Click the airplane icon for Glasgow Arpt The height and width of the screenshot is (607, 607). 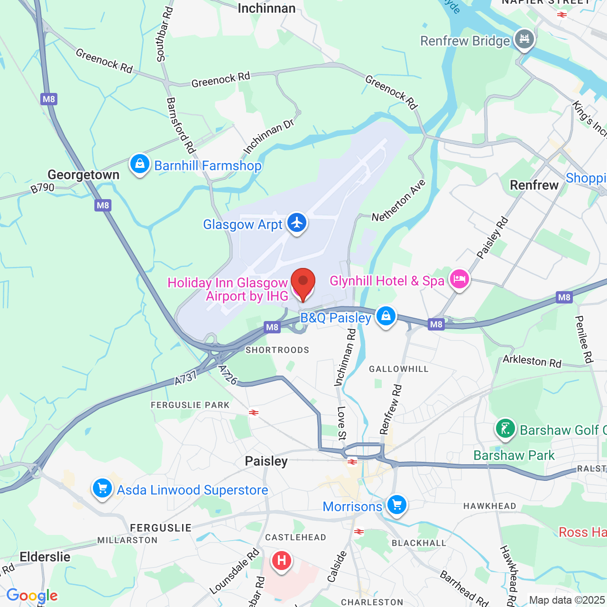coord(297,222)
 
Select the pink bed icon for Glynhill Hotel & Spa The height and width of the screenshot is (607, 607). coord(459,279)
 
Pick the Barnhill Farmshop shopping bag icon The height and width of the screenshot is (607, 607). coord(139,164)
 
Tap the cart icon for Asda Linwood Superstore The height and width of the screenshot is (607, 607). coord(102,488)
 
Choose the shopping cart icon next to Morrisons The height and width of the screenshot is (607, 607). coord(397,505)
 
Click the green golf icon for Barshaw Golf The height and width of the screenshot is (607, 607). coord(505,429)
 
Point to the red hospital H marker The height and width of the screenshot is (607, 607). coord(281,561)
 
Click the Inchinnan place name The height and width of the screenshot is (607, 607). coord(267,8)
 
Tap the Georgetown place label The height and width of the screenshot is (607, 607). coord(83,175)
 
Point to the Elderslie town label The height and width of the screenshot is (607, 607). coord(45,557)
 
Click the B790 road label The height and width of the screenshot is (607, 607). coord(43,188)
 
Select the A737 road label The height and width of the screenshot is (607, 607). coord(185,378)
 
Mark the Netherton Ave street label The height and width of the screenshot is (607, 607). coord(399,201)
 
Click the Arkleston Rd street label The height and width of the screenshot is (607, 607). coord(532,361)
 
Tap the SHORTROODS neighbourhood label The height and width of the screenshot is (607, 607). coord(277,350)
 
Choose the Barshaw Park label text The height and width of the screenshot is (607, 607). coord(514,455)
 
